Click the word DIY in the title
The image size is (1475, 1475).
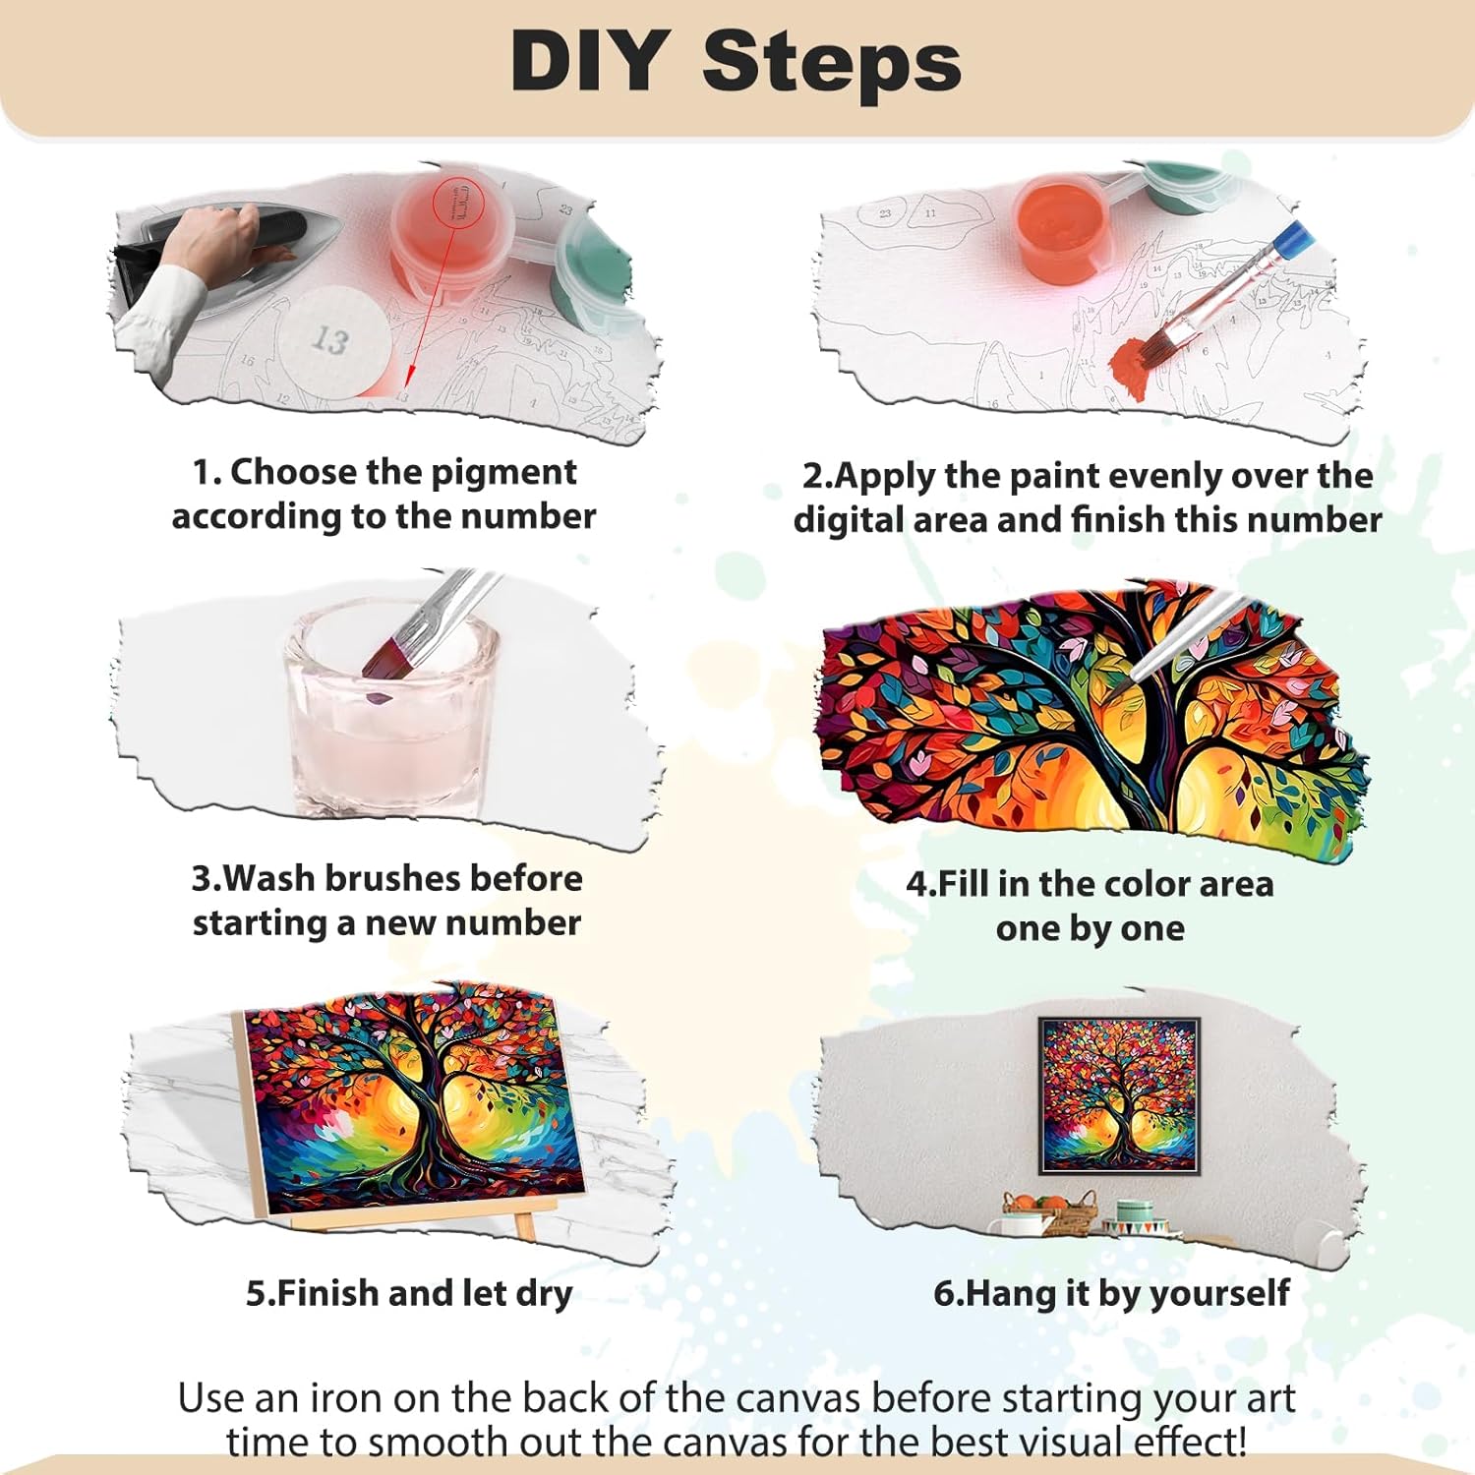589,61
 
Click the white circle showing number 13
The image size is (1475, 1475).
330,340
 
